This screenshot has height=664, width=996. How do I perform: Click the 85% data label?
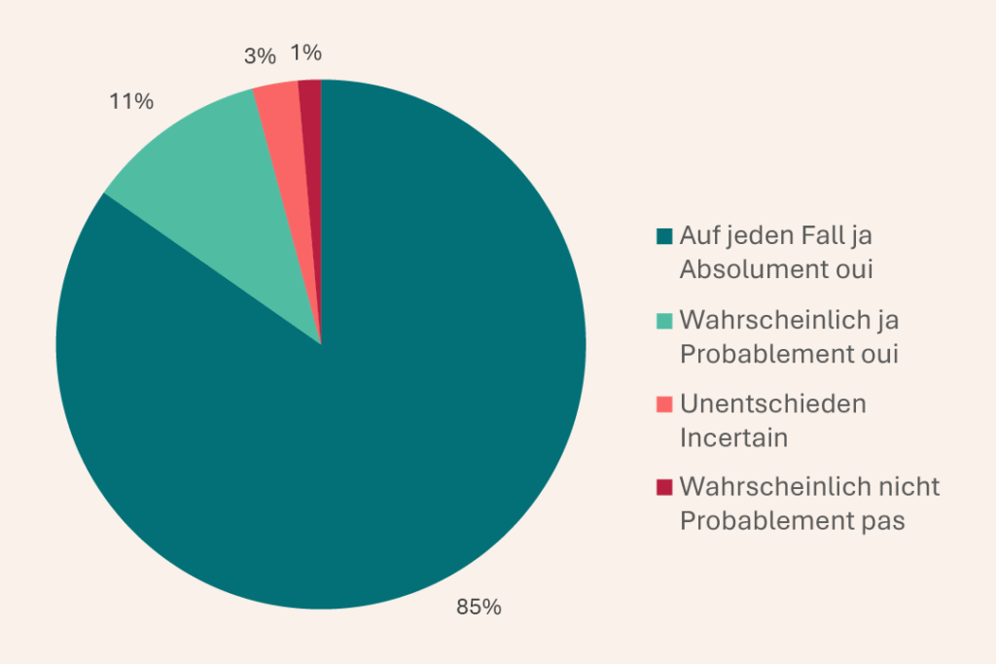tap(479, 608)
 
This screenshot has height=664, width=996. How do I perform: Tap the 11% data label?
tap(130, 100)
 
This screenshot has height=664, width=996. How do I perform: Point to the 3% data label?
tap(260, 56)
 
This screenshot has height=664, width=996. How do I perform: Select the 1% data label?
tap(306, 52)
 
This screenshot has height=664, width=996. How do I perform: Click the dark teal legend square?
tap(664, 235)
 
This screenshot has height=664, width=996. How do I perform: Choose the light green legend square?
tap(664, 320)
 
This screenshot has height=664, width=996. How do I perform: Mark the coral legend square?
tap(664, 403)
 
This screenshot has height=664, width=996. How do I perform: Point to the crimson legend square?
tap(664, 487)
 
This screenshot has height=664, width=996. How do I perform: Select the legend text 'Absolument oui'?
tap(775, 269)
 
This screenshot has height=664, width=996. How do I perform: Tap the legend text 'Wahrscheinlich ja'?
tap(789, 320)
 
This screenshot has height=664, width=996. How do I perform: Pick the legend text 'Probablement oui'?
tap(789, 354)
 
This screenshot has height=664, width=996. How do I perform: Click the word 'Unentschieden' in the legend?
tap(772, 403)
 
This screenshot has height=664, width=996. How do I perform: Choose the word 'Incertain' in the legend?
tap(733, 437)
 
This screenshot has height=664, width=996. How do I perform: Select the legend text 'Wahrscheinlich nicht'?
tap(809, 487)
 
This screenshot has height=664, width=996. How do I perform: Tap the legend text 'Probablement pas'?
tap(792, 521)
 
